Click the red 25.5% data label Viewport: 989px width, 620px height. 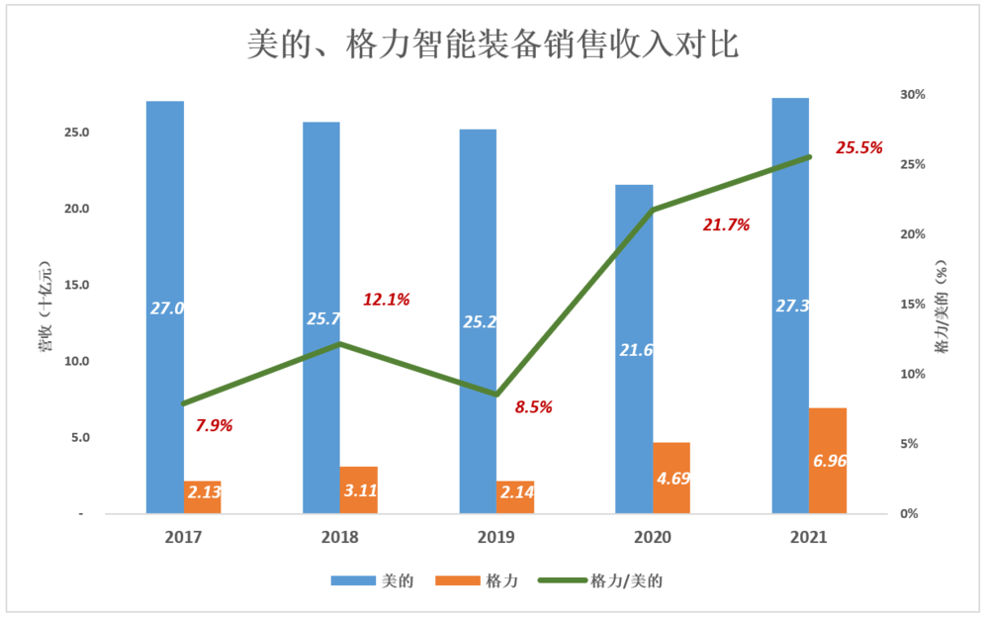tap(859, 148)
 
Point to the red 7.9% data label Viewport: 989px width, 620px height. tap(214, 426)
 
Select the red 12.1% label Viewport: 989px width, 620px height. tap(386, 300)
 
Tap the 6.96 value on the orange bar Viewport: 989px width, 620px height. tap(829, 461)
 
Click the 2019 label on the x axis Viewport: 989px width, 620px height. tap(496, 538)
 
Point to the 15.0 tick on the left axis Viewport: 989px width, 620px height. tap(77, 286)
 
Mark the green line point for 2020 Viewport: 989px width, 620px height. tap(653, 210)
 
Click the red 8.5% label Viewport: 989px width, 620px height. tap(533, 406)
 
